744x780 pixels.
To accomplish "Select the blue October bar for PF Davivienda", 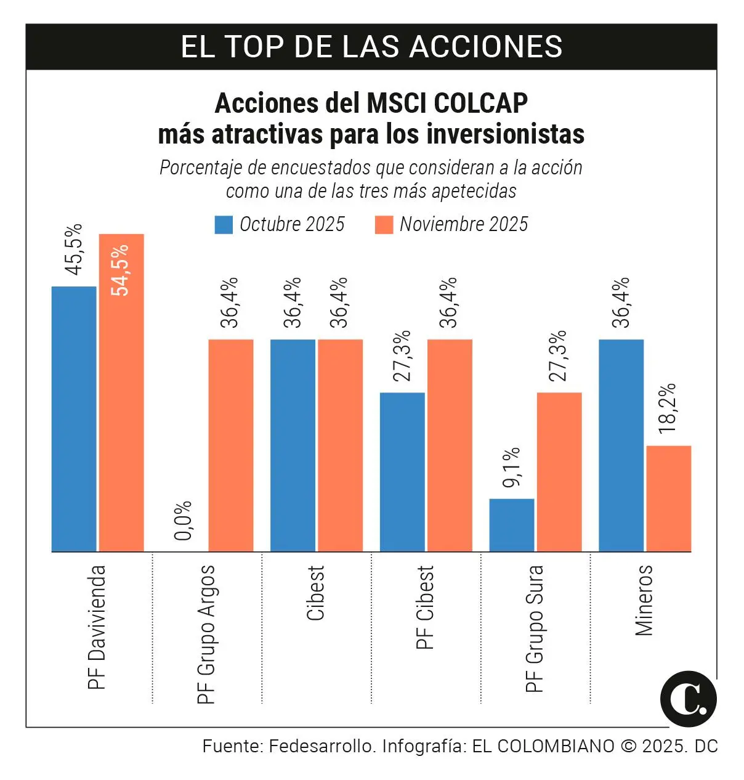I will point(74,419).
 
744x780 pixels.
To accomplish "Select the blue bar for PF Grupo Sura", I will point(512,525).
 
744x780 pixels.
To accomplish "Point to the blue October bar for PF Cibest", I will point(402,471).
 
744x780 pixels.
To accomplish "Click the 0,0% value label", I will point(184,521).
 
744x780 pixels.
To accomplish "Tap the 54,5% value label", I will point(121,270).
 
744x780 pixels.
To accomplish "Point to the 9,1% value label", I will point(512,468).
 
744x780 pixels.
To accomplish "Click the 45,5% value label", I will point(73,250).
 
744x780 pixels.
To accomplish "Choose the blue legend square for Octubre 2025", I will point(224,225).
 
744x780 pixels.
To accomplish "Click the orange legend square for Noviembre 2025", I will point(384,225).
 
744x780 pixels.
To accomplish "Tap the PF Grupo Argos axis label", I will point(207,634).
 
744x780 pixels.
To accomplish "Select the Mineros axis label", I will point(644,600).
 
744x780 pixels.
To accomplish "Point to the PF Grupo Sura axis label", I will point(535,628).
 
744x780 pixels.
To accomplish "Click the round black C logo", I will point(688,699).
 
